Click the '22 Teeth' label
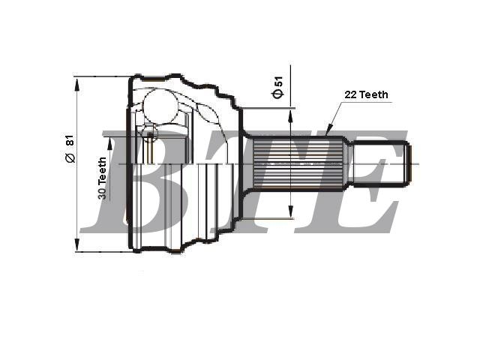tap(366, 94)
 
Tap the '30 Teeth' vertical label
tap(102, 178)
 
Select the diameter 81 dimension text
tap(70, 148)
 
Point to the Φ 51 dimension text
tap(278, 88)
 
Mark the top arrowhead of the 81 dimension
tap(76, 84)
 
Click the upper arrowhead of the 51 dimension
tap(290, 115)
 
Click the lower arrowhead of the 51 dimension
tap(290, 211)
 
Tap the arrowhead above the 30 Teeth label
tap(110, 144)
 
